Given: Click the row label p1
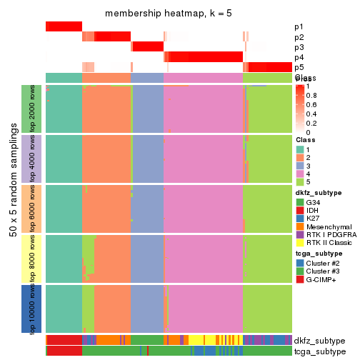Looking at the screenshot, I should [298, 26].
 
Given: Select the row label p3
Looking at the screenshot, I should [298, 47].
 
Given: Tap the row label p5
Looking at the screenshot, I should [298, 67].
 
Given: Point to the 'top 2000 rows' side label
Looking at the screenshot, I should [33, 109].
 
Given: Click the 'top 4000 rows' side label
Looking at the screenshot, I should [33, 159].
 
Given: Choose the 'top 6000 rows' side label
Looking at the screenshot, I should [33, 209].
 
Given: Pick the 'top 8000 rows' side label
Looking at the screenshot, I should [33, 259].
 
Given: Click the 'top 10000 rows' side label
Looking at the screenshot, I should [33, 309].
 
